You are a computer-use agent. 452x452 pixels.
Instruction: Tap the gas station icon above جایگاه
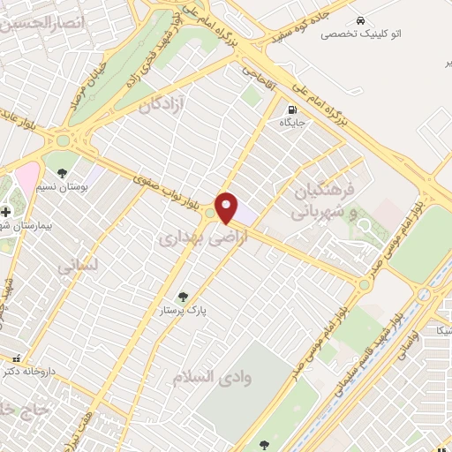[x=290, y=111]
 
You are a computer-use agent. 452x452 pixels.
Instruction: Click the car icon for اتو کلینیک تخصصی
[x=360, y=19]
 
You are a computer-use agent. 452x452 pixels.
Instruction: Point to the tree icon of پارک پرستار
[x=183, y=298]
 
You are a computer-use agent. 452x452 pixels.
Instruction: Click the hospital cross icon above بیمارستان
[x=6, y=212]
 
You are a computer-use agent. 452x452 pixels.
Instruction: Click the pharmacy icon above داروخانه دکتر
[x=16, y=358]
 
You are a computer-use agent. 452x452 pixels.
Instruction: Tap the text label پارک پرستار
[x=182, y=312]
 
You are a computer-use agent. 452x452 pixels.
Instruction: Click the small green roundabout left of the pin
[x=210, y=213]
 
